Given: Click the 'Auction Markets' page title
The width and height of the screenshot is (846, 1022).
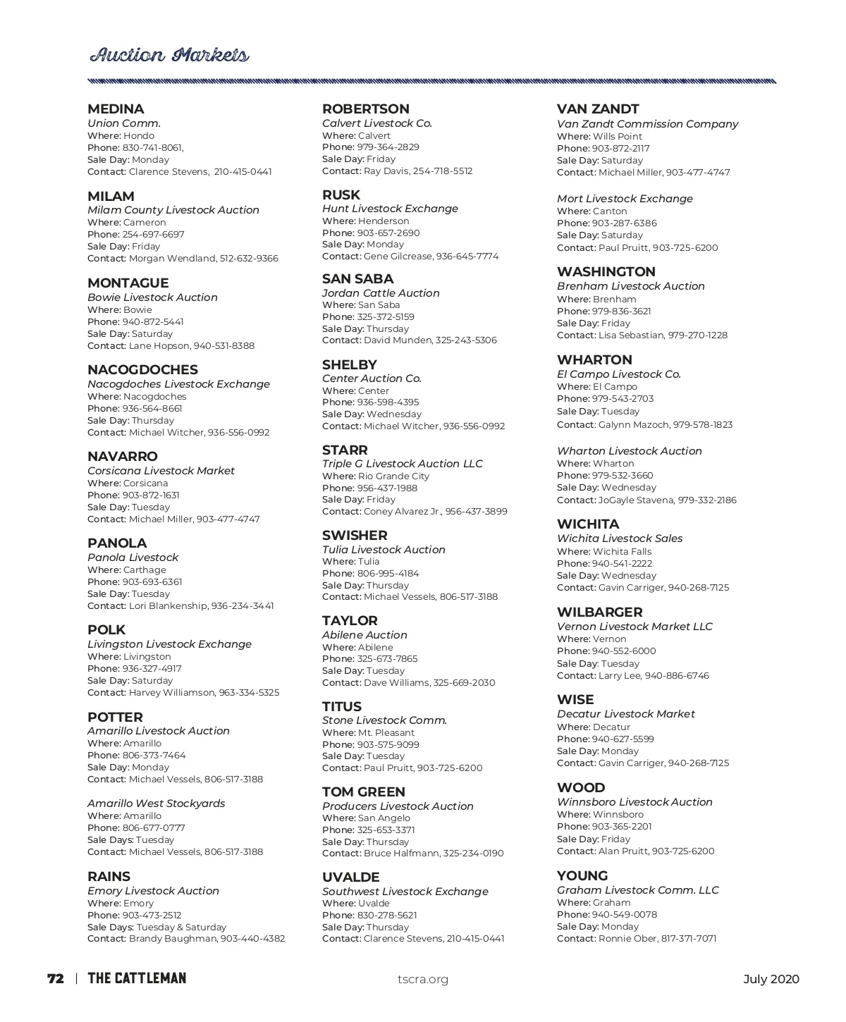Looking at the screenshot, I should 169,55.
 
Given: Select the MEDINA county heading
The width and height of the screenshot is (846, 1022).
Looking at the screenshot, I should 116,109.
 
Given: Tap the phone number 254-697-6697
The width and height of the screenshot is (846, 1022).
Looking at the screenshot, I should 153,235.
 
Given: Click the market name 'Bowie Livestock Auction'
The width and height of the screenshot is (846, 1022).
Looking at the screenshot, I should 152,297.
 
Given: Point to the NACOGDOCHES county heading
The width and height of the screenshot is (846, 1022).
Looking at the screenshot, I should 142,370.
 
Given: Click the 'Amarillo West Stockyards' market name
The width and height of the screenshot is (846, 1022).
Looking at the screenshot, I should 156,804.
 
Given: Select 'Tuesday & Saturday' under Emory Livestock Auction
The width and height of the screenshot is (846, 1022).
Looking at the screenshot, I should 181,928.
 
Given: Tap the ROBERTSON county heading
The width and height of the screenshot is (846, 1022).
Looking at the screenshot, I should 365,109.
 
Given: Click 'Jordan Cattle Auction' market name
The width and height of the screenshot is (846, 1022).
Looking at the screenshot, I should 381,293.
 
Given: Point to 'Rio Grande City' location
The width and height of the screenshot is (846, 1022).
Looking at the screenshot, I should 393,476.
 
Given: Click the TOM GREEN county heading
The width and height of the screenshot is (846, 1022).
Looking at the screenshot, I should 363,792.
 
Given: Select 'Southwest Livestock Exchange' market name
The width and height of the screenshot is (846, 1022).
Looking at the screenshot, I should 405,892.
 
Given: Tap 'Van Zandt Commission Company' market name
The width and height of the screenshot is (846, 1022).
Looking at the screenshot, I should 647,124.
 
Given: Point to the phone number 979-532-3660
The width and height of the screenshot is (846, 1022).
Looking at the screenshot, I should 623,476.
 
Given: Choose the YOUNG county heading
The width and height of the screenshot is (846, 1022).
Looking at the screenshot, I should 582,876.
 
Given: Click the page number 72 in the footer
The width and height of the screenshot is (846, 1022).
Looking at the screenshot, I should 56,979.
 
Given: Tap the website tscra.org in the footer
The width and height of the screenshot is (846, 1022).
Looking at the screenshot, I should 423,979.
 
